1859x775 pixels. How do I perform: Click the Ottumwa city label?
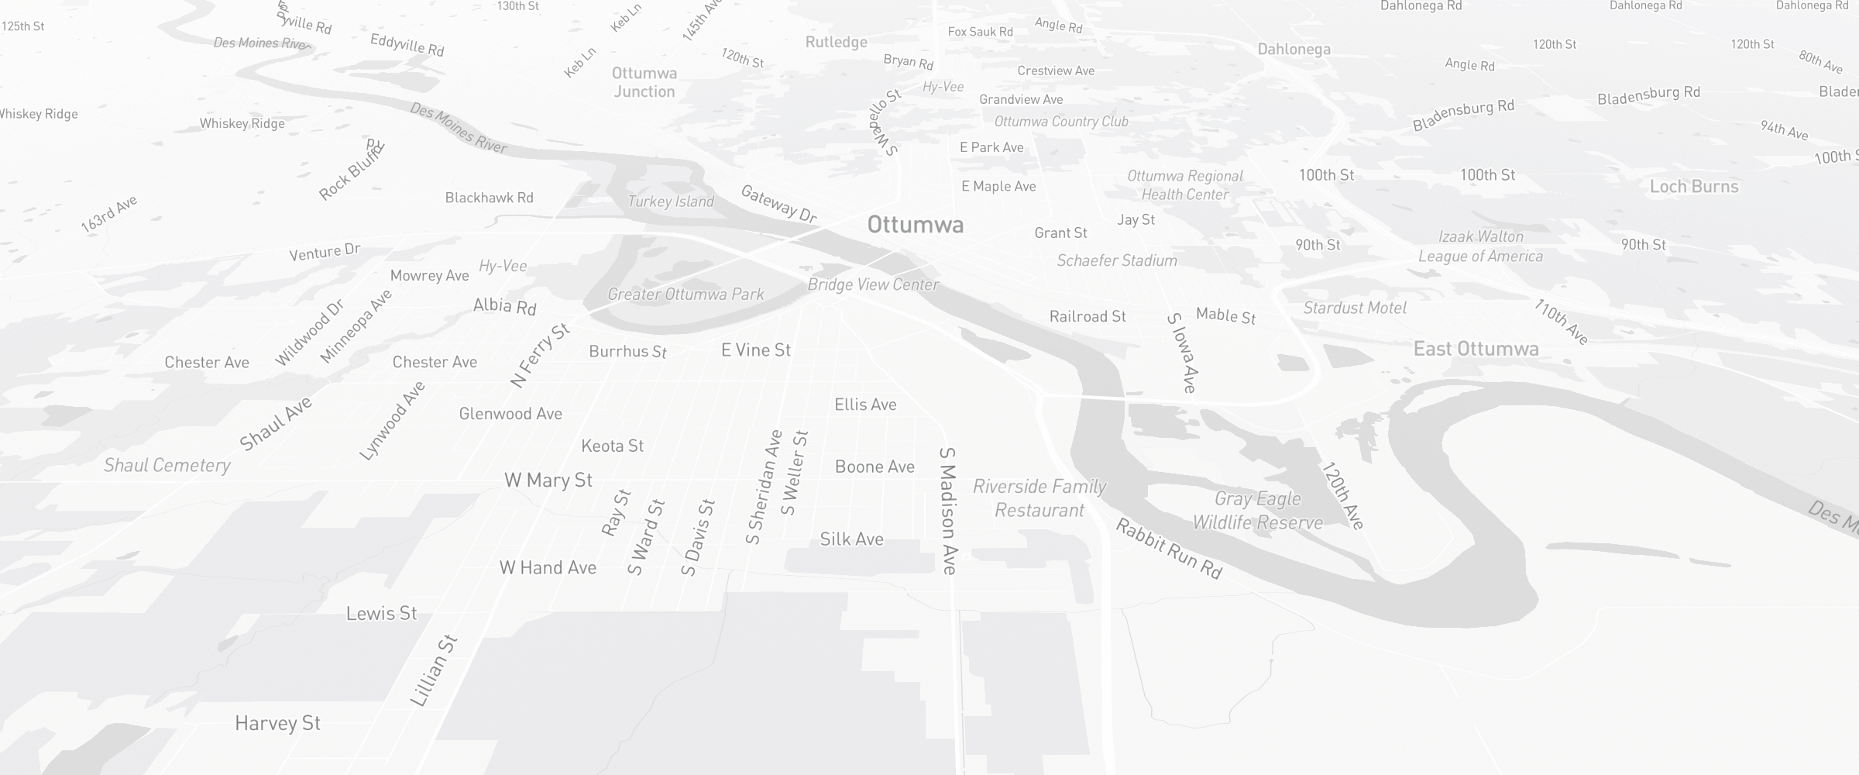point(916,225)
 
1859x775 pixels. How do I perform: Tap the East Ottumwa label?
point(1476,349)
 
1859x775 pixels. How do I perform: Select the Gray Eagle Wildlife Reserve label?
point(1257,511)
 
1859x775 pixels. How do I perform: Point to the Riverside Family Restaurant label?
point(1039,498)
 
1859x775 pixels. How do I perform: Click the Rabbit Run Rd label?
point(1168,549)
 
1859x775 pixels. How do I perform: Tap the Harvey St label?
point(277,723)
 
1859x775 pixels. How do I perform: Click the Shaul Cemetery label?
point(167,465)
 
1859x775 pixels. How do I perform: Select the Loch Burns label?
point(1694,186)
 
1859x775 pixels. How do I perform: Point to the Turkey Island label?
point(671,201)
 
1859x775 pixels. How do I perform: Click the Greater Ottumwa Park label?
point(686,294)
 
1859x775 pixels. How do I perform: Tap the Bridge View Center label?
point(873,284)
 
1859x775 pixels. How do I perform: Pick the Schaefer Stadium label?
point(1117,260)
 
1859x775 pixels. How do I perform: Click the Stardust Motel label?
point(1355,308)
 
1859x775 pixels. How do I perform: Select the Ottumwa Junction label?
point(644,82)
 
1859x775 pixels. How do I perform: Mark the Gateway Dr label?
point(778,204)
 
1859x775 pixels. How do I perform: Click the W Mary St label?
point(548,480)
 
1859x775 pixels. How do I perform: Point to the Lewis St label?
point(381,614)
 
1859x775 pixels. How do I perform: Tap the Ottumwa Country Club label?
point(1061,122)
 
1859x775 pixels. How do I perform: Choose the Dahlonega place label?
point(1294,49)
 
